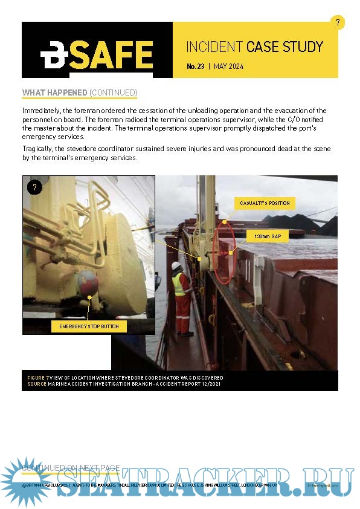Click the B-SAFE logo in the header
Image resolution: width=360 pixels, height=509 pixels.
pyautogui.click(x=96, y=56)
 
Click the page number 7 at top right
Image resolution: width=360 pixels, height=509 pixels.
pyautogui.click(x=338, y=23)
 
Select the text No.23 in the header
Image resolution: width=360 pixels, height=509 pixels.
pyautogui.click(x=195, y=66)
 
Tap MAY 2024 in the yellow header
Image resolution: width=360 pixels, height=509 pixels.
pyautogui.click(x=229, y=66)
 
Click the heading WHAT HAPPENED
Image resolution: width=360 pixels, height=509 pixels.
pyautogui.click(x=54, y=92)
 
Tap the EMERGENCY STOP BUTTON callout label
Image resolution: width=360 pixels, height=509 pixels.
pyautogui.click(x=89, y=326)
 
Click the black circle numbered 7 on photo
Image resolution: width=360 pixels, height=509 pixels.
pyautogui.click(x=34, y=187)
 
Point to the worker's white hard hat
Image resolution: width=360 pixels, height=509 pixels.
pyautogui.click(x=176, y=265)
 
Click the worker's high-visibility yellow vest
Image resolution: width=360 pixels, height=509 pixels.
pyautogui.click(x=179, y=284)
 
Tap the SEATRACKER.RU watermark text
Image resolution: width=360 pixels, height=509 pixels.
pyautogui.click(x=205, y=482)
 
